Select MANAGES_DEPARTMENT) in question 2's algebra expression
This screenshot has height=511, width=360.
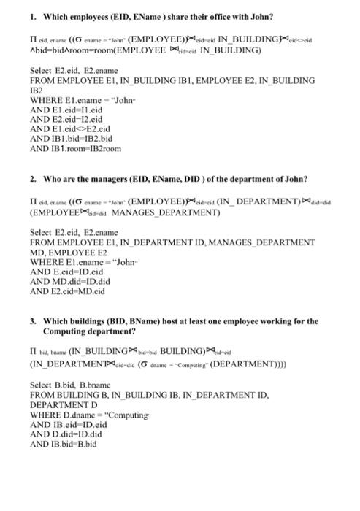click(x=165, y=212)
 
